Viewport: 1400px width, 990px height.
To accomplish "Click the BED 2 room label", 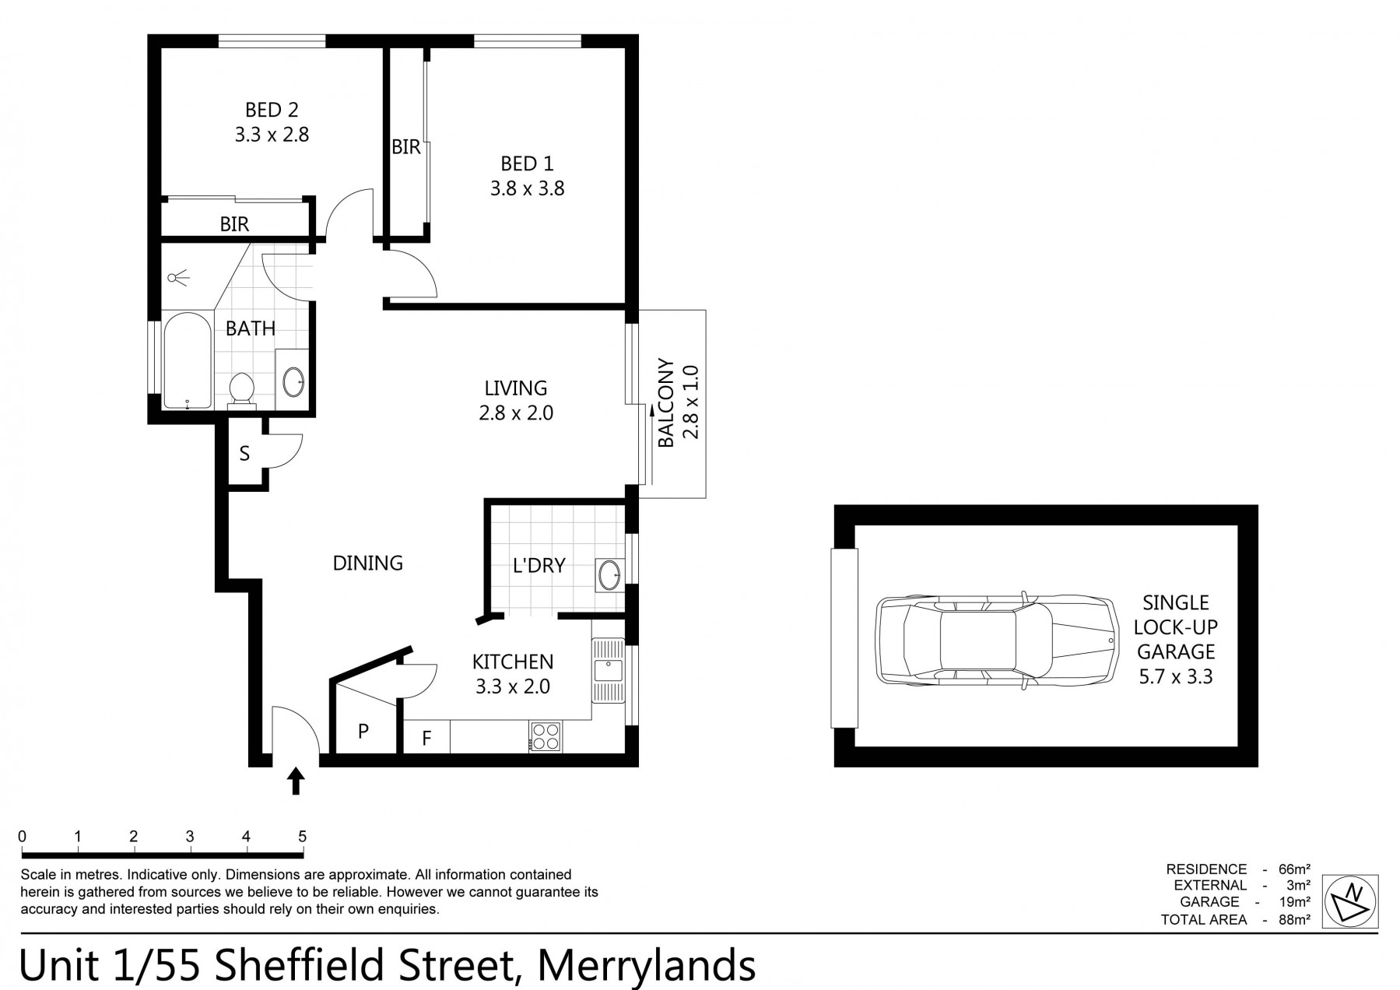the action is (x=272, y=110).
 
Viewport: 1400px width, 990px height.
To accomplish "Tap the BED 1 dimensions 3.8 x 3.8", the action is (x=527, y=188).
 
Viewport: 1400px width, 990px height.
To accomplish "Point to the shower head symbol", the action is (x=179, y=276).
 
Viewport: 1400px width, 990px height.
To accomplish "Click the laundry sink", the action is (x=609, y=576).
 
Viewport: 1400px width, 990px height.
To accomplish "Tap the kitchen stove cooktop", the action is (x=545, y=736).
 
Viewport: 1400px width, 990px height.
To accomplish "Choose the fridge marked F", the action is (x=426, y=737).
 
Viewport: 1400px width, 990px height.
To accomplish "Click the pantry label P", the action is (x=363, y=731).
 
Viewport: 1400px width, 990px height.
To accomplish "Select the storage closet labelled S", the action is (x=244, y=454).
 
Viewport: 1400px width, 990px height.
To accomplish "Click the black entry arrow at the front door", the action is (x=296, y=781).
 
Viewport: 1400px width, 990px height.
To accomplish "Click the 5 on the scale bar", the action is (x=302, y=837).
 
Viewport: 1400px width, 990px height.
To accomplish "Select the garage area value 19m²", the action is (x=1293, y=902).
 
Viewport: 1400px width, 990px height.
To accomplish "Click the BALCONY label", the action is (x=665, y=403).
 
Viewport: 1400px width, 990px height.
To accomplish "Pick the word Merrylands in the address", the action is (x=647, y=965).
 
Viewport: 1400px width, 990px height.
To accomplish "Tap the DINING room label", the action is (x=367, y=563).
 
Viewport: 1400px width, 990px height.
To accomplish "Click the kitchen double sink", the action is (x=608, y=671).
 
